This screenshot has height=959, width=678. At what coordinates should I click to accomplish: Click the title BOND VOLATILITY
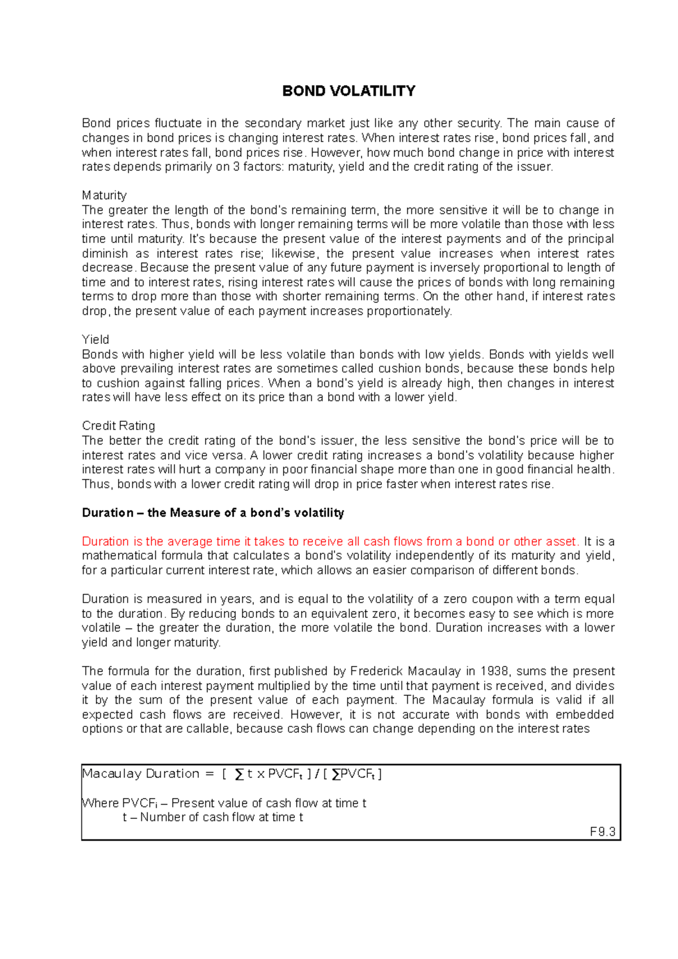tap(349, 91)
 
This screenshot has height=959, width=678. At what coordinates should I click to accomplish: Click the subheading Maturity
tap(104, 195)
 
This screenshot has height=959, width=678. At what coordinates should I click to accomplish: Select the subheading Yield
tap(95, 340)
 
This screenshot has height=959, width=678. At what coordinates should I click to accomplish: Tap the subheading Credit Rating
tap(118, 426)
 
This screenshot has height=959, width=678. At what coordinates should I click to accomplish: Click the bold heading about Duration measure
tap(213, 513)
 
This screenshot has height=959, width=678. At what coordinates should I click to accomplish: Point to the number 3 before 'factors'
tap(236, 167)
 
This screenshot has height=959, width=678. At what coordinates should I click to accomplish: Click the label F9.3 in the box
tap(602, 832)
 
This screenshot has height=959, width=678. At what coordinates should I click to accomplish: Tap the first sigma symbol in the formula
tap(240, 774)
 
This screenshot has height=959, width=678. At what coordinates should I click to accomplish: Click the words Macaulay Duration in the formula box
tap(141, 774)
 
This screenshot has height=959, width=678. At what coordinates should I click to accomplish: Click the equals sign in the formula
tap(209, 774)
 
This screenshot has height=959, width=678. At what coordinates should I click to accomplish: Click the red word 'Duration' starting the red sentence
tap(106, 542)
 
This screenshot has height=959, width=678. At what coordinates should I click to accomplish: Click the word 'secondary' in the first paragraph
tap(273, 124)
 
